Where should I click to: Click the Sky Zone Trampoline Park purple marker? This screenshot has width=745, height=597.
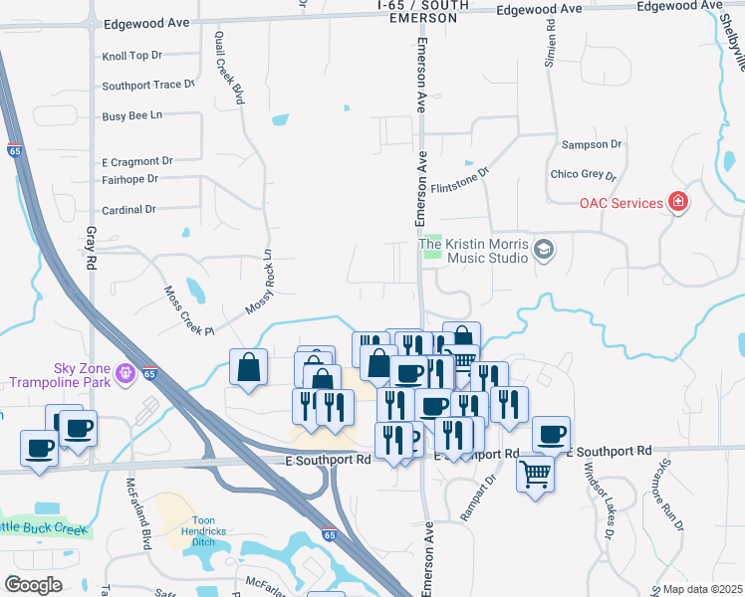pyautogui.click(x=124, y=374)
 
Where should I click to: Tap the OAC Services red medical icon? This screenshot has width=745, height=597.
pyautogui.click(x=678, y=203)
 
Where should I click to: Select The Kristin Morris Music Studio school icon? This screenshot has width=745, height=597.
pyautogui.click(x=543, y=248)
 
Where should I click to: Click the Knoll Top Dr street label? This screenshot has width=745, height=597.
pyautogui.click(x=131, y=57)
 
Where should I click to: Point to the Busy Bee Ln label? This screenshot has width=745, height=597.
pyautogui.click(x=131, y=116)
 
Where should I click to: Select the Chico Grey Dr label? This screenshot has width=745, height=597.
pyautogui.click(x=584, y=175)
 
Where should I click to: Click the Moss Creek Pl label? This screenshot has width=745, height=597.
pyautogui.click(x=188, y=310)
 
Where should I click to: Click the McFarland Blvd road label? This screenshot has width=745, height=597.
pyautogui.click(x=138, y=512)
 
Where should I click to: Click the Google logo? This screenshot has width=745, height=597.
pyautogui.click(x=33, y=585)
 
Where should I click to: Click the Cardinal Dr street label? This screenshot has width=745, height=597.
pyautogui.click(x=129, y=210)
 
